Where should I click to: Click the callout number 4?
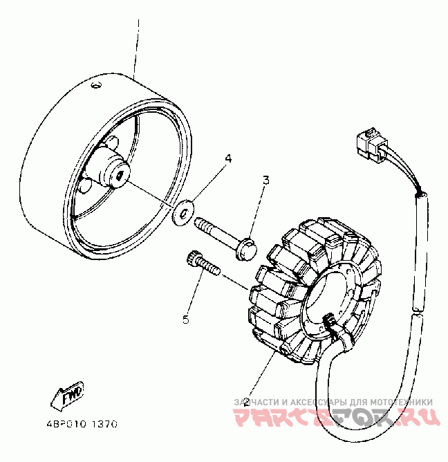coord(227,158)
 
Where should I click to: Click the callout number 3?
coord(265,181)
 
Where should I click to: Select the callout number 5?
coord(185,319)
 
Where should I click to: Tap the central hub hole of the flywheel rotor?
coord(120,177)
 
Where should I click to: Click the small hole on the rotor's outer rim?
coord(96,85)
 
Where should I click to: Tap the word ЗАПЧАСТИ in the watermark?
coord(256,402)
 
